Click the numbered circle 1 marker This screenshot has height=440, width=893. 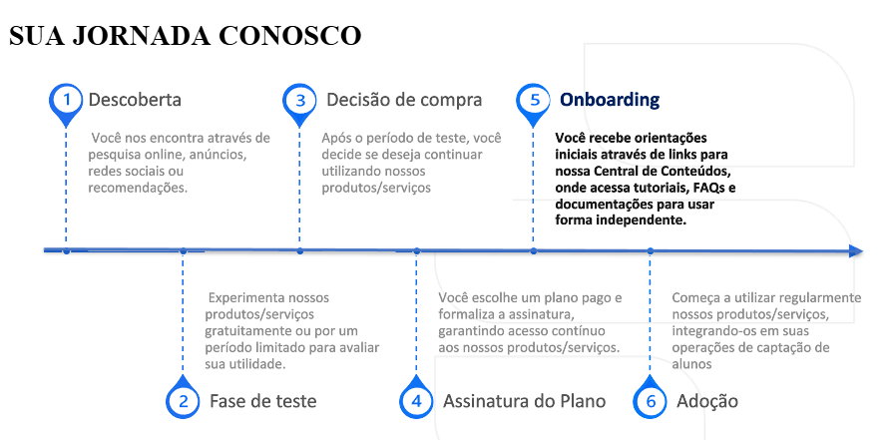[66, 100]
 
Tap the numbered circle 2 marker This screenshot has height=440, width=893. [183, 400]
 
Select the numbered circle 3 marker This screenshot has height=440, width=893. [299, 100]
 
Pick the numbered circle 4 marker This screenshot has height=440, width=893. [416, 400]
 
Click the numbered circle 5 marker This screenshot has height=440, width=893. [534, 100]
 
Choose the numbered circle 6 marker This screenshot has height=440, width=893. [650, 400]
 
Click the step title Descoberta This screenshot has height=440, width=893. [135, 100]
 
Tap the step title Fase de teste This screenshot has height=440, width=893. [262, 401]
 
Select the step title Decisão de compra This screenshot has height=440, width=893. [403, 100]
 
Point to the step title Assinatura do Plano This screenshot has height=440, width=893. [524, 401]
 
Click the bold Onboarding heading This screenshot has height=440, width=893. [610, 100]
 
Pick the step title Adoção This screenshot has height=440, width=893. [706, 401]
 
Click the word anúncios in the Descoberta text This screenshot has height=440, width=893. [215, 155]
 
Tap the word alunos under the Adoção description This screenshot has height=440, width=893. [692, 364]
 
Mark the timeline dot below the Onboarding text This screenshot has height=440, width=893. [534, 251]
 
